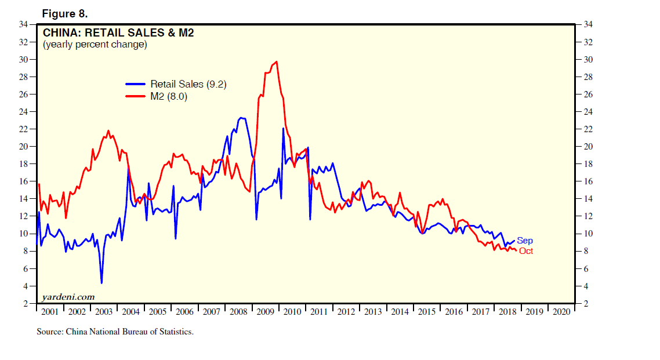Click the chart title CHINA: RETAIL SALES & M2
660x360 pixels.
118,33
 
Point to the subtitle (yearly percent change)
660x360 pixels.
95,45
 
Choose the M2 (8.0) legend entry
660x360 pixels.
169,96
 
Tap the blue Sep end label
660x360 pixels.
524,241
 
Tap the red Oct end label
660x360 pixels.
525,251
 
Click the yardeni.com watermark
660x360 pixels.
68,297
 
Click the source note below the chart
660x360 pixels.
115,332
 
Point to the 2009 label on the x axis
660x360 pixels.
265,312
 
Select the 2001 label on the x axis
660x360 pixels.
50,312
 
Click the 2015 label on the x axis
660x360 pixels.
426,312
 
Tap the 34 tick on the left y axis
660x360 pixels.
24,24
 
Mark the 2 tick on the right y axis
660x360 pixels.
585,304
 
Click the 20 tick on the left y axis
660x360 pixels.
24,147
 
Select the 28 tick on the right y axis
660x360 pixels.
587,77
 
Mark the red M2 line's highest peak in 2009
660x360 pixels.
276,61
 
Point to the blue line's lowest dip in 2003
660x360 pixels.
101,283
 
